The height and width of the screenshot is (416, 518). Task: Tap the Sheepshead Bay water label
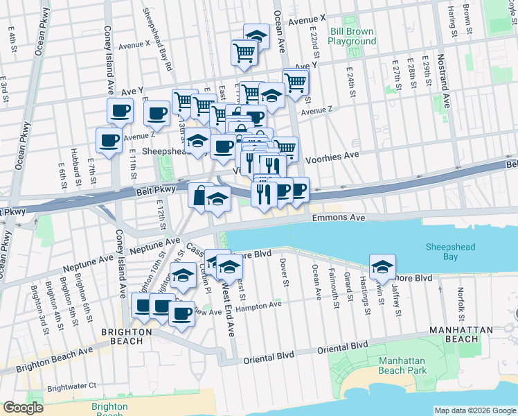pyautogui.click(x=451, y=251)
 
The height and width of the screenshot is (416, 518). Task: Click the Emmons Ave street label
pyautogui.click(x=338, y=218)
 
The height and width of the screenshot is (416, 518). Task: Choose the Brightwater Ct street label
pyautogui.click(x=71, y=385)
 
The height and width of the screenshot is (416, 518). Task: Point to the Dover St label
pyautogui.click(x=284, y=272)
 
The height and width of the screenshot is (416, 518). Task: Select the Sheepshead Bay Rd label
pyautogui.click(x=157, y=42)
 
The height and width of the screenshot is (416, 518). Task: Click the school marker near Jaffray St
pyautogui.click(x=382, y=266)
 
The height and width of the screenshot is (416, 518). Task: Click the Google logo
pyautogui.click(x=23, y=408)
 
